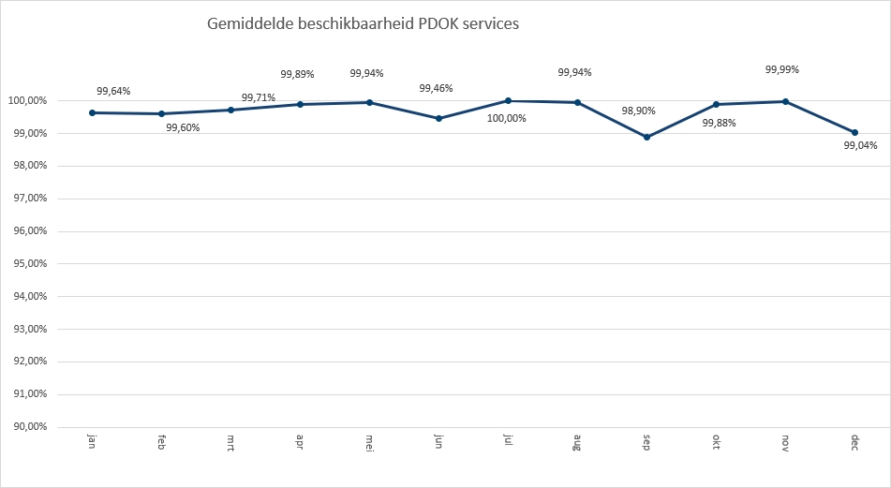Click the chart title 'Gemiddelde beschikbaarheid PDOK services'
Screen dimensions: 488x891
point(363,24)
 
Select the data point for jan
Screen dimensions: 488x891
point(93,112)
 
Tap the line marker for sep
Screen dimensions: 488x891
point(646,137)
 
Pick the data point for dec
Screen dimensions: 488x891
point(854,132)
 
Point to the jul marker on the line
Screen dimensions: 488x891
point(508,100)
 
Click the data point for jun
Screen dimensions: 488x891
point(438,118)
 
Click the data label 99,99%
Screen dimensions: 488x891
point(782,69)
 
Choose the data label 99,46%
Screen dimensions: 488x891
point(436,88)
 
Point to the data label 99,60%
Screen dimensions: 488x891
point(183,127)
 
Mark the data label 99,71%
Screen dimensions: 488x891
point(259,96)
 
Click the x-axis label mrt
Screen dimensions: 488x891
point(230,442)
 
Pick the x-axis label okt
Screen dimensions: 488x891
point(716,441)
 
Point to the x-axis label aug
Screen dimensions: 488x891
point(577,442)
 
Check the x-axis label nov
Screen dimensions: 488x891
point(785,442)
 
